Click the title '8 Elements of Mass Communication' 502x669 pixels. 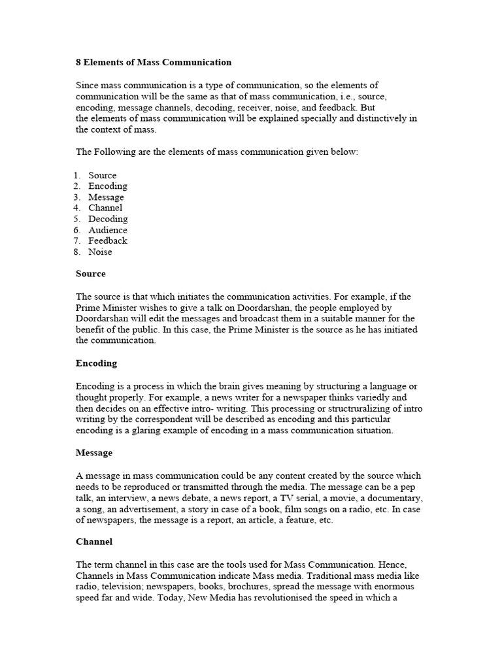[x=154, y=63]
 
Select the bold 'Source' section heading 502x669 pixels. [x=90, y=274]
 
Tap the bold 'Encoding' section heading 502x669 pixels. [x=97, y=363]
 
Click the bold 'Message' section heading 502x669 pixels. [x=94, y=453]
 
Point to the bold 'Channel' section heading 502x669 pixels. [x=94, y=542]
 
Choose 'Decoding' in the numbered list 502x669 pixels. [x=108, y=219]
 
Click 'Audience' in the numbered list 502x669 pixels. [x=108, y=230]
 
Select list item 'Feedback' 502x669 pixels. [x=108, y=240]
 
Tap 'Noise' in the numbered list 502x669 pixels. [x=100, y=252]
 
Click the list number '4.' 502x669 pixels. [x=77, y=208]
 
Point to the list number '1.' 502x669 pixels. [x=77, y=175]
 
